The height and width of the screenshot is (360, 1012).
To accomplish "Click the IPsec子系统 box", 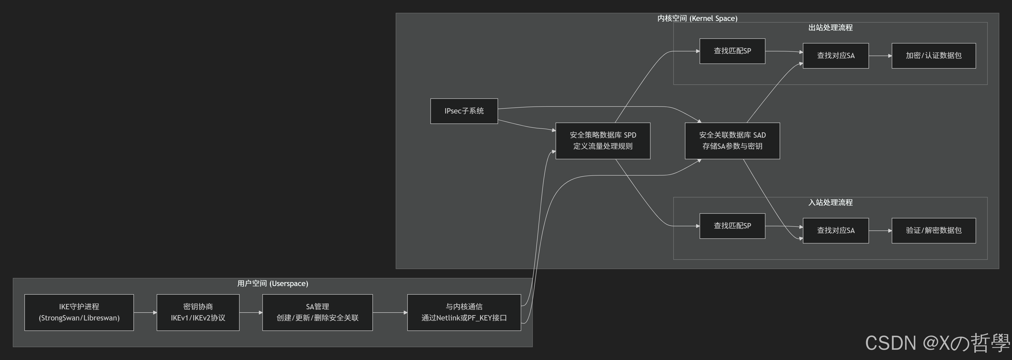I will coord(464,111).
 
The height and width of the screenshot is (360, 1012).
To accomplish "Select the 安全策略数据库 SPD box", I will coord(603,141).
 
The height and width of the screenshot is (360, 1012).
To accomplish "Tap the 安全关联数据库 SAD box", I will coord(732,141).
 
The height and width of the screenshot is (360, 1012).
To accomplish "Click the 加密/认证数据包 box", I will coord(933,56).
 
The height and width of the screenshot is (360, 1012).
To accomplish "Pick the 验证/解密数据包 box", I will coord(933,231).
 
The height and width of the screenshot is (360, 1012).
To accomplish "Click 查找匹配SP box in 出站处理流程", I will coord(732,51).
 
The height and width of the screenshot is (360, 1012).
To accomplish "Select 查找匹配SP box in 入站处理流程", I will coord(732,226).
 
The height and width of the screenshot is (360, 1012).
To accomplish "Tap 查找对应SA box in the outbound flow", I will coord(836,56).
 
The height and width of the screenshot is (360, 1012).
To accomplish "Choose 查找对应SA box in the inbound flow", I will coord(836,231).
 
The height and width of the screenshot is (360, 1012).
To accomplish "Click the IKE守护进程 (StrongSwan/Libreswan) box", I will coord(79,313).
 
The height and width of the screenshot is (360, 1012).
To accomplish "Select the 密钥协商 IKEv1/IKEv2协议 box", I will coord(198,313).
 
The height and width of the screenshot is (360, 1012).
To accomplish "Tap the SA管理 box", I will coord(317,313).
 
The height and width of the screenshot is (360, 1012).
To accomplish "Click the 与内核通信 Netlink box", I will coord(464,313).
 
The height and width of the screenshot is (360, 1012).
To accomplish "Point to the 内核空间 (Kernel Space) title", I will coord(697,18).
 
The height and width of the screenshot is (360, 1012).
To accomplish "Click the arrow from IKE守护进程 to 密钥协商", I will coord(145,313).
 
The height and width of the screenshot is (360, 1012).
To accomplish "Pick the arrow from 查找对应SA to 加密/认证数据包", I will coord(880,56).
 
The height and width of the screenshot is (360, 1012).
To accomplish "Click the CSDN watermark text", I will coord(937,343).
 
